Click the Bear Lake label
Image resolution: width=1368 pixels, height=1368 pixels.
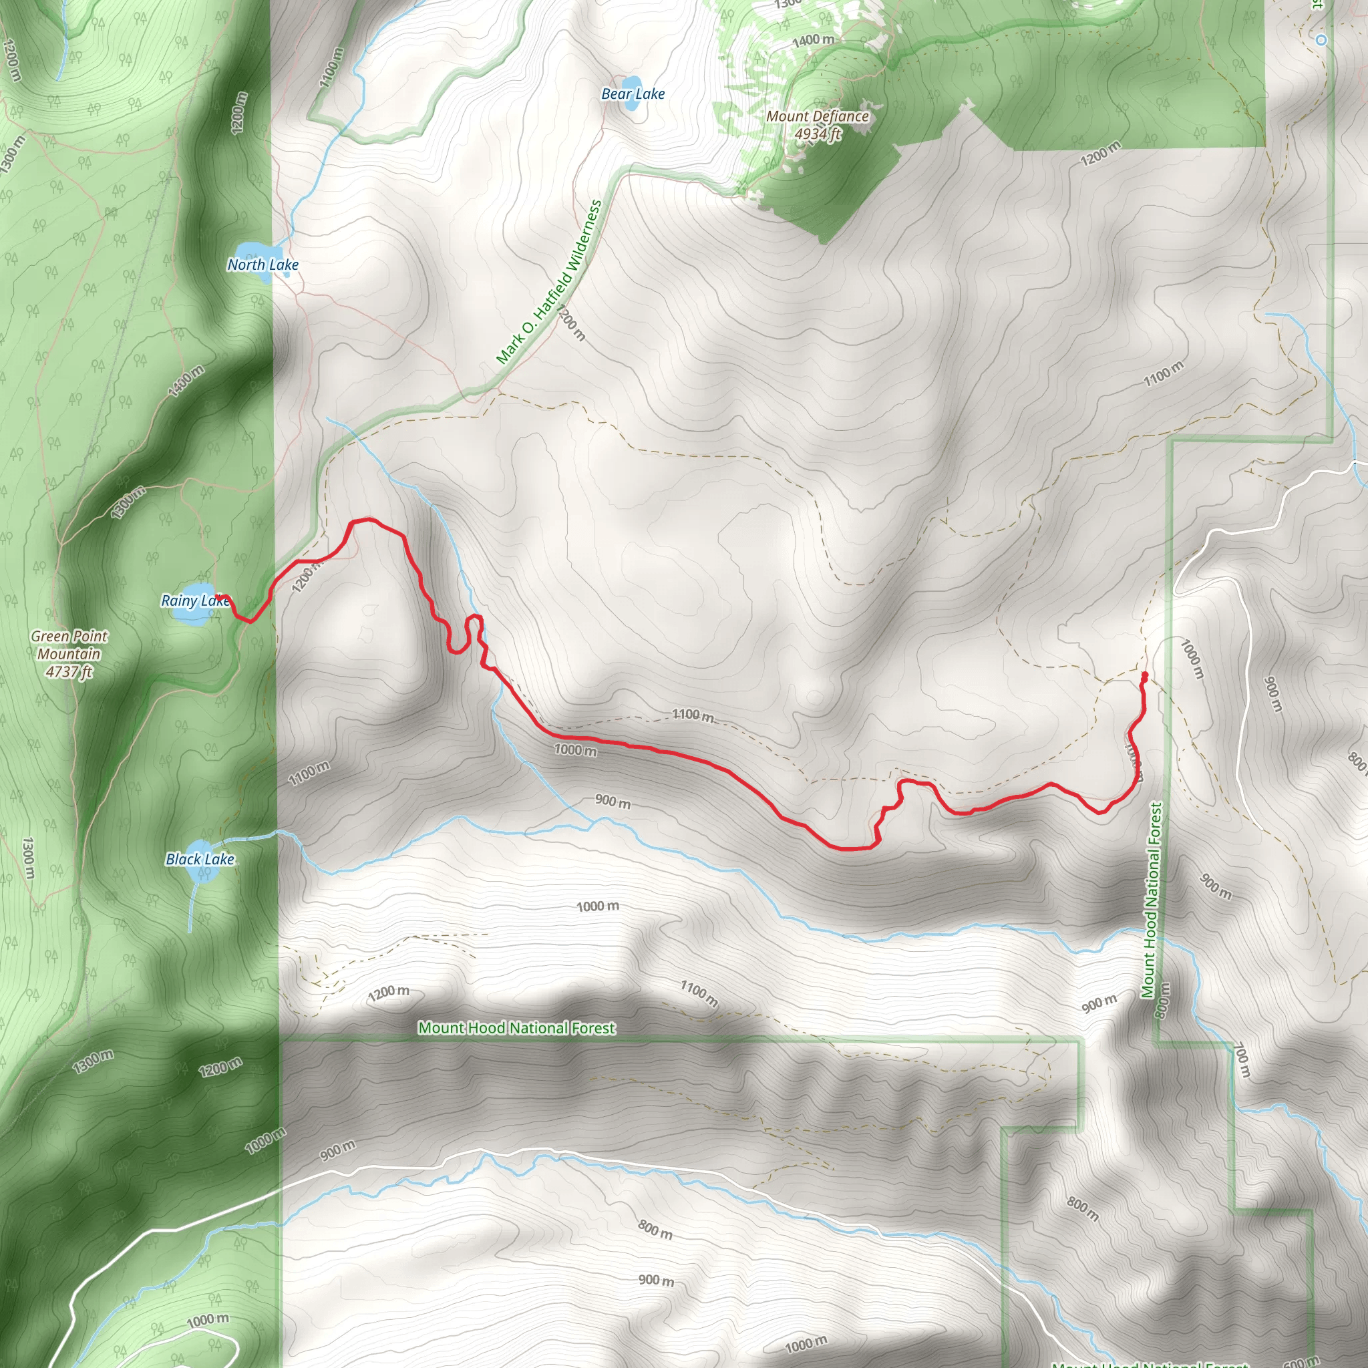point(633,94)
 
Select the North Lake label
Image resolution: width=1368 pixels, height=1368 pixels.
point(263,265)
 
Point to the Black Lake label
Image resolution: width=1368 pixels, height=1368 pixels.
point(200,859)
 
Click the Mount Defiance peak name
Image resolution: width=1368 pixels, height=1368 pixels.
point(817,116)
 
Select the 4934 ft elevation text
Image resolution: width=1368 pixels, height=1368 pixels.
point(817,134)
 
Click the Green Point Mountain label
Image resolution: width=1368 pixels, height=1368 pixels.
point(69,645)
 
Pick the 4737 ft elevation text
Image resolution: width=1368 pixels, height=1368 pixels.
point(69,671)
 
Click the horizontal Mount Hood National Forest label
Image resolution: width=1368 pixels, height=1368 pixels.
point(516,1027)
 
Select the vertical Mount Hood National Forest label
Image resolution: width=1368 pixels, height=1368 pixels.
point(1151,900)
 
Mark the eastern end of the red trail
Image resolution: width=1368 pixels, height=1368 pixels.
point(1144,675)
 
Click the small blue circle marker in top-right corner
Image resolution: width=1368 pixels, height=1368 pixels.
point(1321,40)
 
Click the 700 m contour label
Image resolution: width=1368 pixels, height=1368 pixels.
point(1242,1059)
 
